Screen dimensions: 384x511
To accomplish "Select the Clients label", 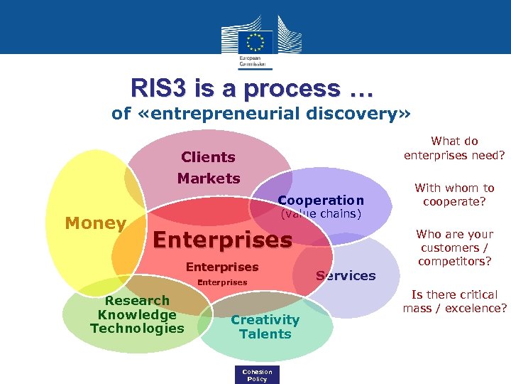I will (208, 157).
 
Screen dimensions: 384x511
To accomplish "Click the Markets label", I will (209, 178).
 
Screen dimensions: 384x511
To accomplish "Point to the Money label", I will (95, 223).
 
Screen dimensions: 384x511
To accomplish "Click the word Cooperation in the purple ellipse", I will (321, 201).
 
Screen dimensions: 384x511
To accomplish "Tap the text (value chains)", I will (321, 213).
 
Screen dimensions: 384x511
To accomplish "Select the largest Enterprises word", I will (223, 240).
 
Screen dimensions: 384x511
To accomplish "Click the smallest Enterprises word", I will (222, 282).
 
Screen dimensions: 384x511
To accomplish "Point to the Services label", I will (346, 276).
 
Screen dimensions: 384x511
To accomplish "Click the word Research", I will (137, 301).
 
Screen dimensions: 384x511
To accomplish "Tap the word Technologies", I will (137, 328).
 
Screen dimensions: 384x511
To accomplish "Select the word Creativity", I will (265, 320).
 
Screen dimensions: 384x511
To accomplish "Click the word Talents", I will (265, 334).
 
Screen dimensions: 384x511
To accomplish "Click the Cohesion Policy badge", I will (257, 375).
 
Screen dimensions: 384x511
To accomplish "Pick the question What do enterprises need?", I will (454, 148).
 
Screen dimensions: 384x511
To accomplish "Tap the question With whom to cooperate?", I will (454, 195).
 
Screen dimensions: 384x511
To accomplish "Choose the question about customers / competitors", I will (454, 247).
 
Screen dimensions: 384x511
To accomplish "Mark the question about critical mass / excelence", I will (454, 302).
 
